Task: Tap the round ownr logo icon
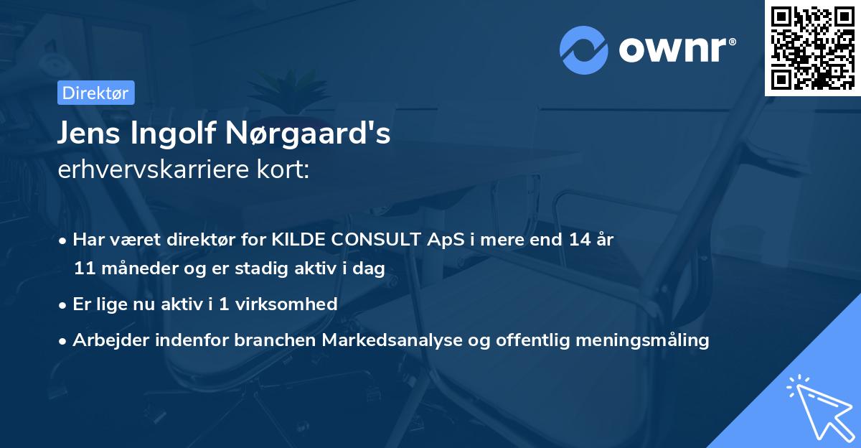point(583,50)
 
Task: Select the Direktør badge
point(95,93)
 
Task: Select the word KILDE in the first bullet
point(295,240)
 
